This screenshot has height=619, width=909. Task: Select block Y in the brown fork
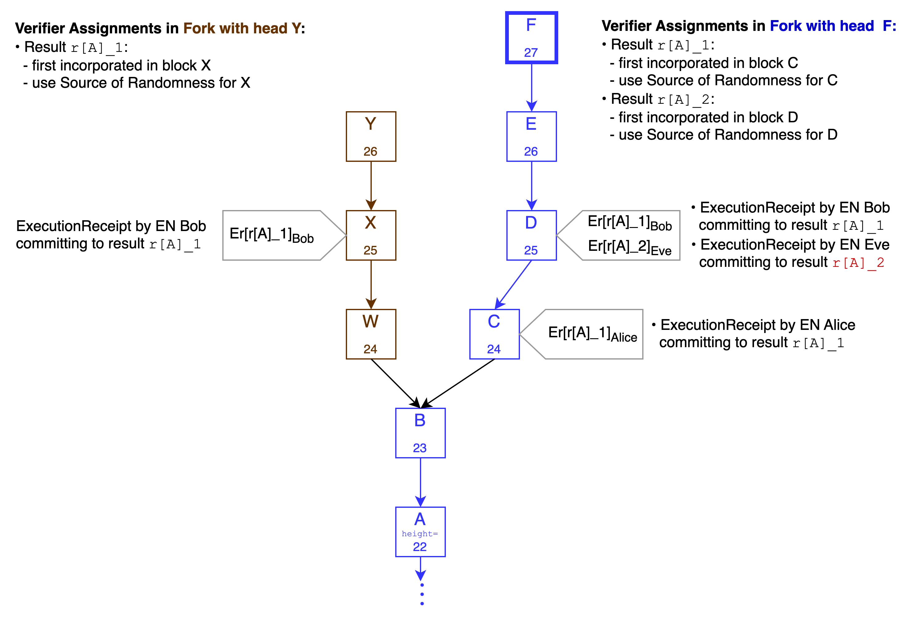[x=371, y=137]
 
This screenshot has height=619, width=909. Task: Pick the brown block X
[x=371, y=235]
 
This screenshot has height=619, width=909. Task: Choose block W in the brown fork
[x=371, y=334]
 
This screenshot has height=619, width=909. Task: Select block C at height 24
[x=494, y=334]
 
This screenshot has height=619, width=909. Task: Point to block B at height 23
[x=420, y=433]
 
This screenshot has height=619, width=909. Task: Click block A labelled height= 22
[x=420, y=532]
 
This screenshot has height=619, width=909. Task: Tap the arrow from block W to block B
[x=395, y=383]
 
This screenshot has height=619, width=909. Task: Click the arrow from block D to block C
[x=513, y=284]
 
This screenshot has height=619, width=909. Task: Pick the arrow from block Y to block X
[x=371, y=185]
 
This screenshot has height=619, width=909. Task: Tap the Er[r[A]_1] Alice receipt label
[x=592, y=334]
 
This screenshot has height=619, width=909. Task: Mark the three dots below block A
[x=422, y=594]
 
